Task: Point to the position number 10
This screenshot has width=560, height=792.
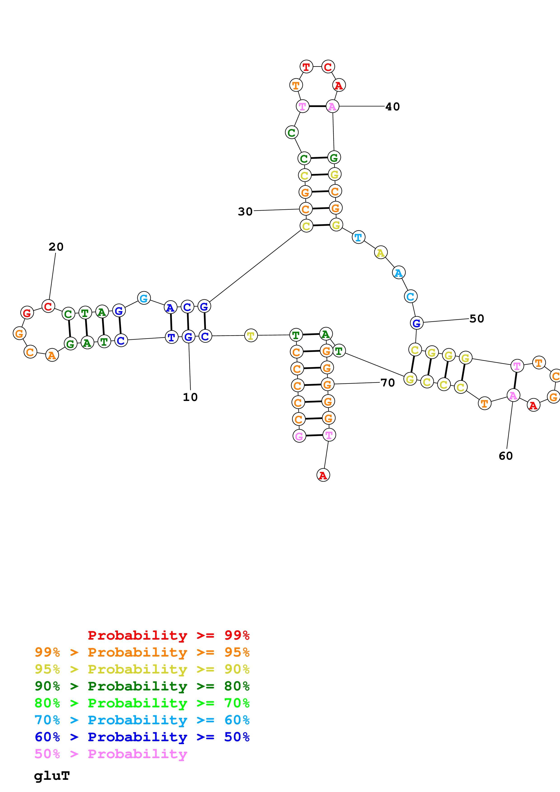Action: tap(190, 397)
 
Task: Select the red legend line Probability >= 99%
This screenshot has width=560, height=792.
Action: tap(168, 635)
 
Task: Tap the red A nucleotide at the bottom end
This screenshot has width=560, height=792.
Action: tap(323, 475)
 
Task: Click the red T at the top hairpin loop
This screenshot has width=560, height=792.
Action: tap(306, 67)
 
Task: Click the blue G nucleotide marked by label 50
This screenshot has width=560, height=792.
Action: tap(417, 323)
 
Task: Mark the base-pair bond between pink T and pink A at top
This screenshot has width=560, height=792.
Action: tap(317, 106)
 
